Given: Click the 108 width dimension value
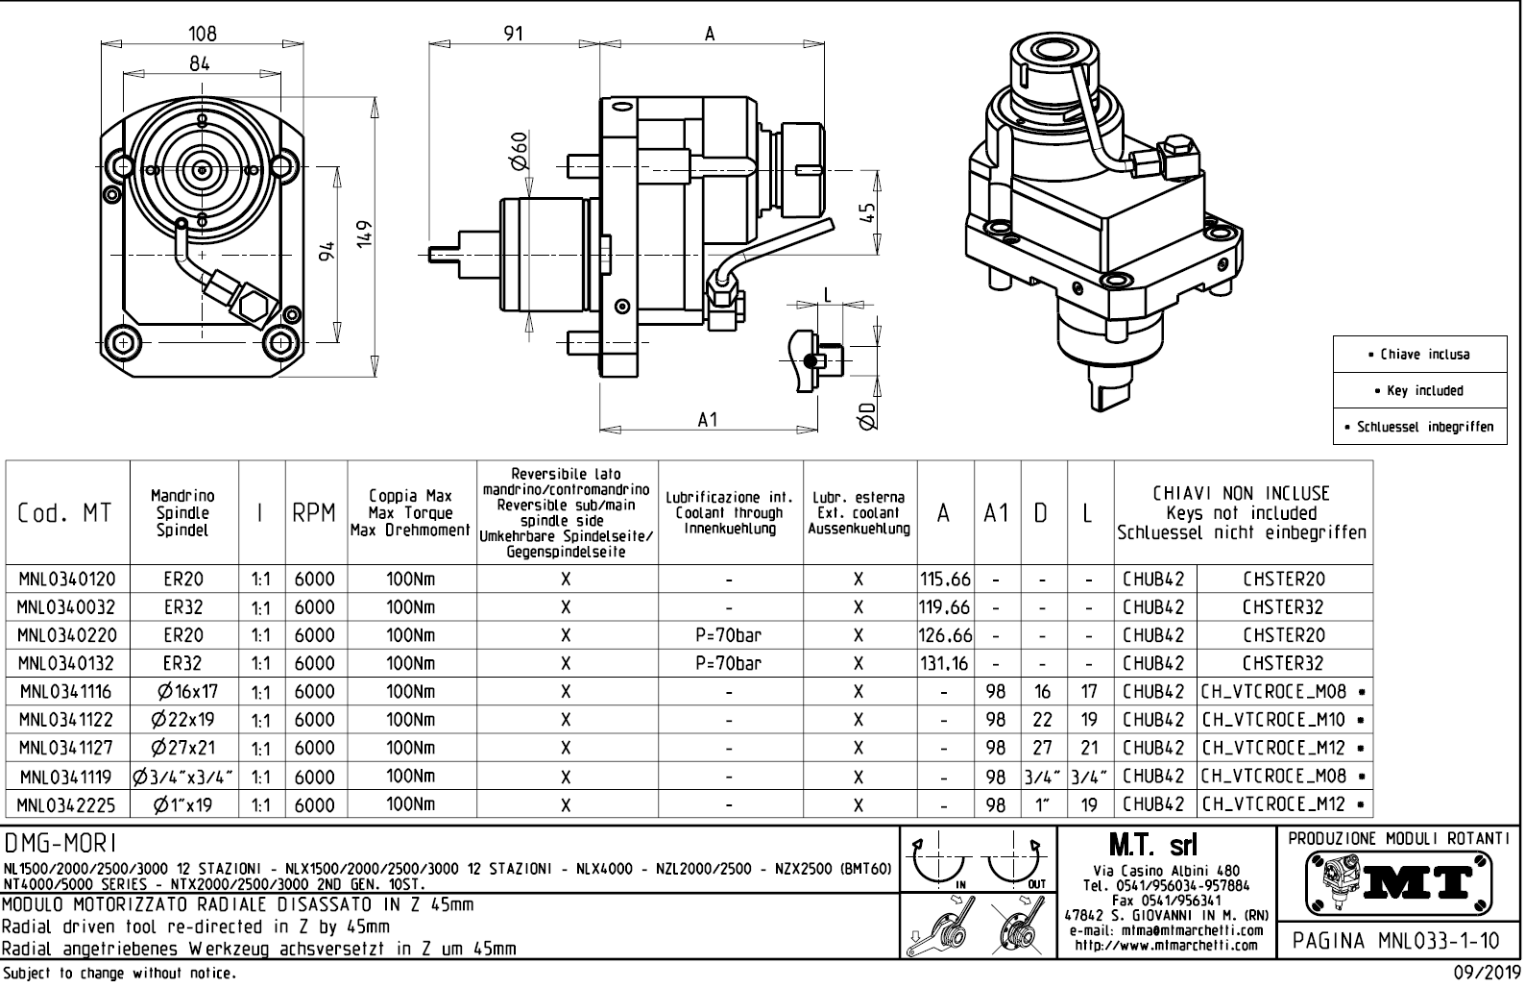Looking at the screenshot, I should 202,34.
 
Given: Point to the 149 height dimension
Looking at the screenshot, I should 364,233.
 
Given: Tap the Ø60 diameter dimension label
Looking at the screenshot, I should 519,150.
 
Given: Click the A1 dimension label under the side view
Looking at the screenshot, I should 708,420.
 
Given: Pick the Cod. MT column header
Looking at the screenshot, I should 64,513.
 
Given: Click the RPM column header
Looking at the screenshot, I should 314,513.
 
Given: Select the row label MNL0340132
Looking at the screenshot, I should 66,663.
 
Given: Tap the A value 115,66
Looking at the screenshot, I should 945,580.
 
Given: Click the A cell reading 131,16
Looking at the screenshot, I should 945,663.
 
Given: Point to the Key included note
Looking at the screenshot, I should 1419,390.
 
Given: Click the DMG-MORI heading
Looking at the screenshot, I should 61,844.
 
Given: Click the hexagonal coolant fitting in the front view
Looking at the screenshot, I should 254,306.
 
